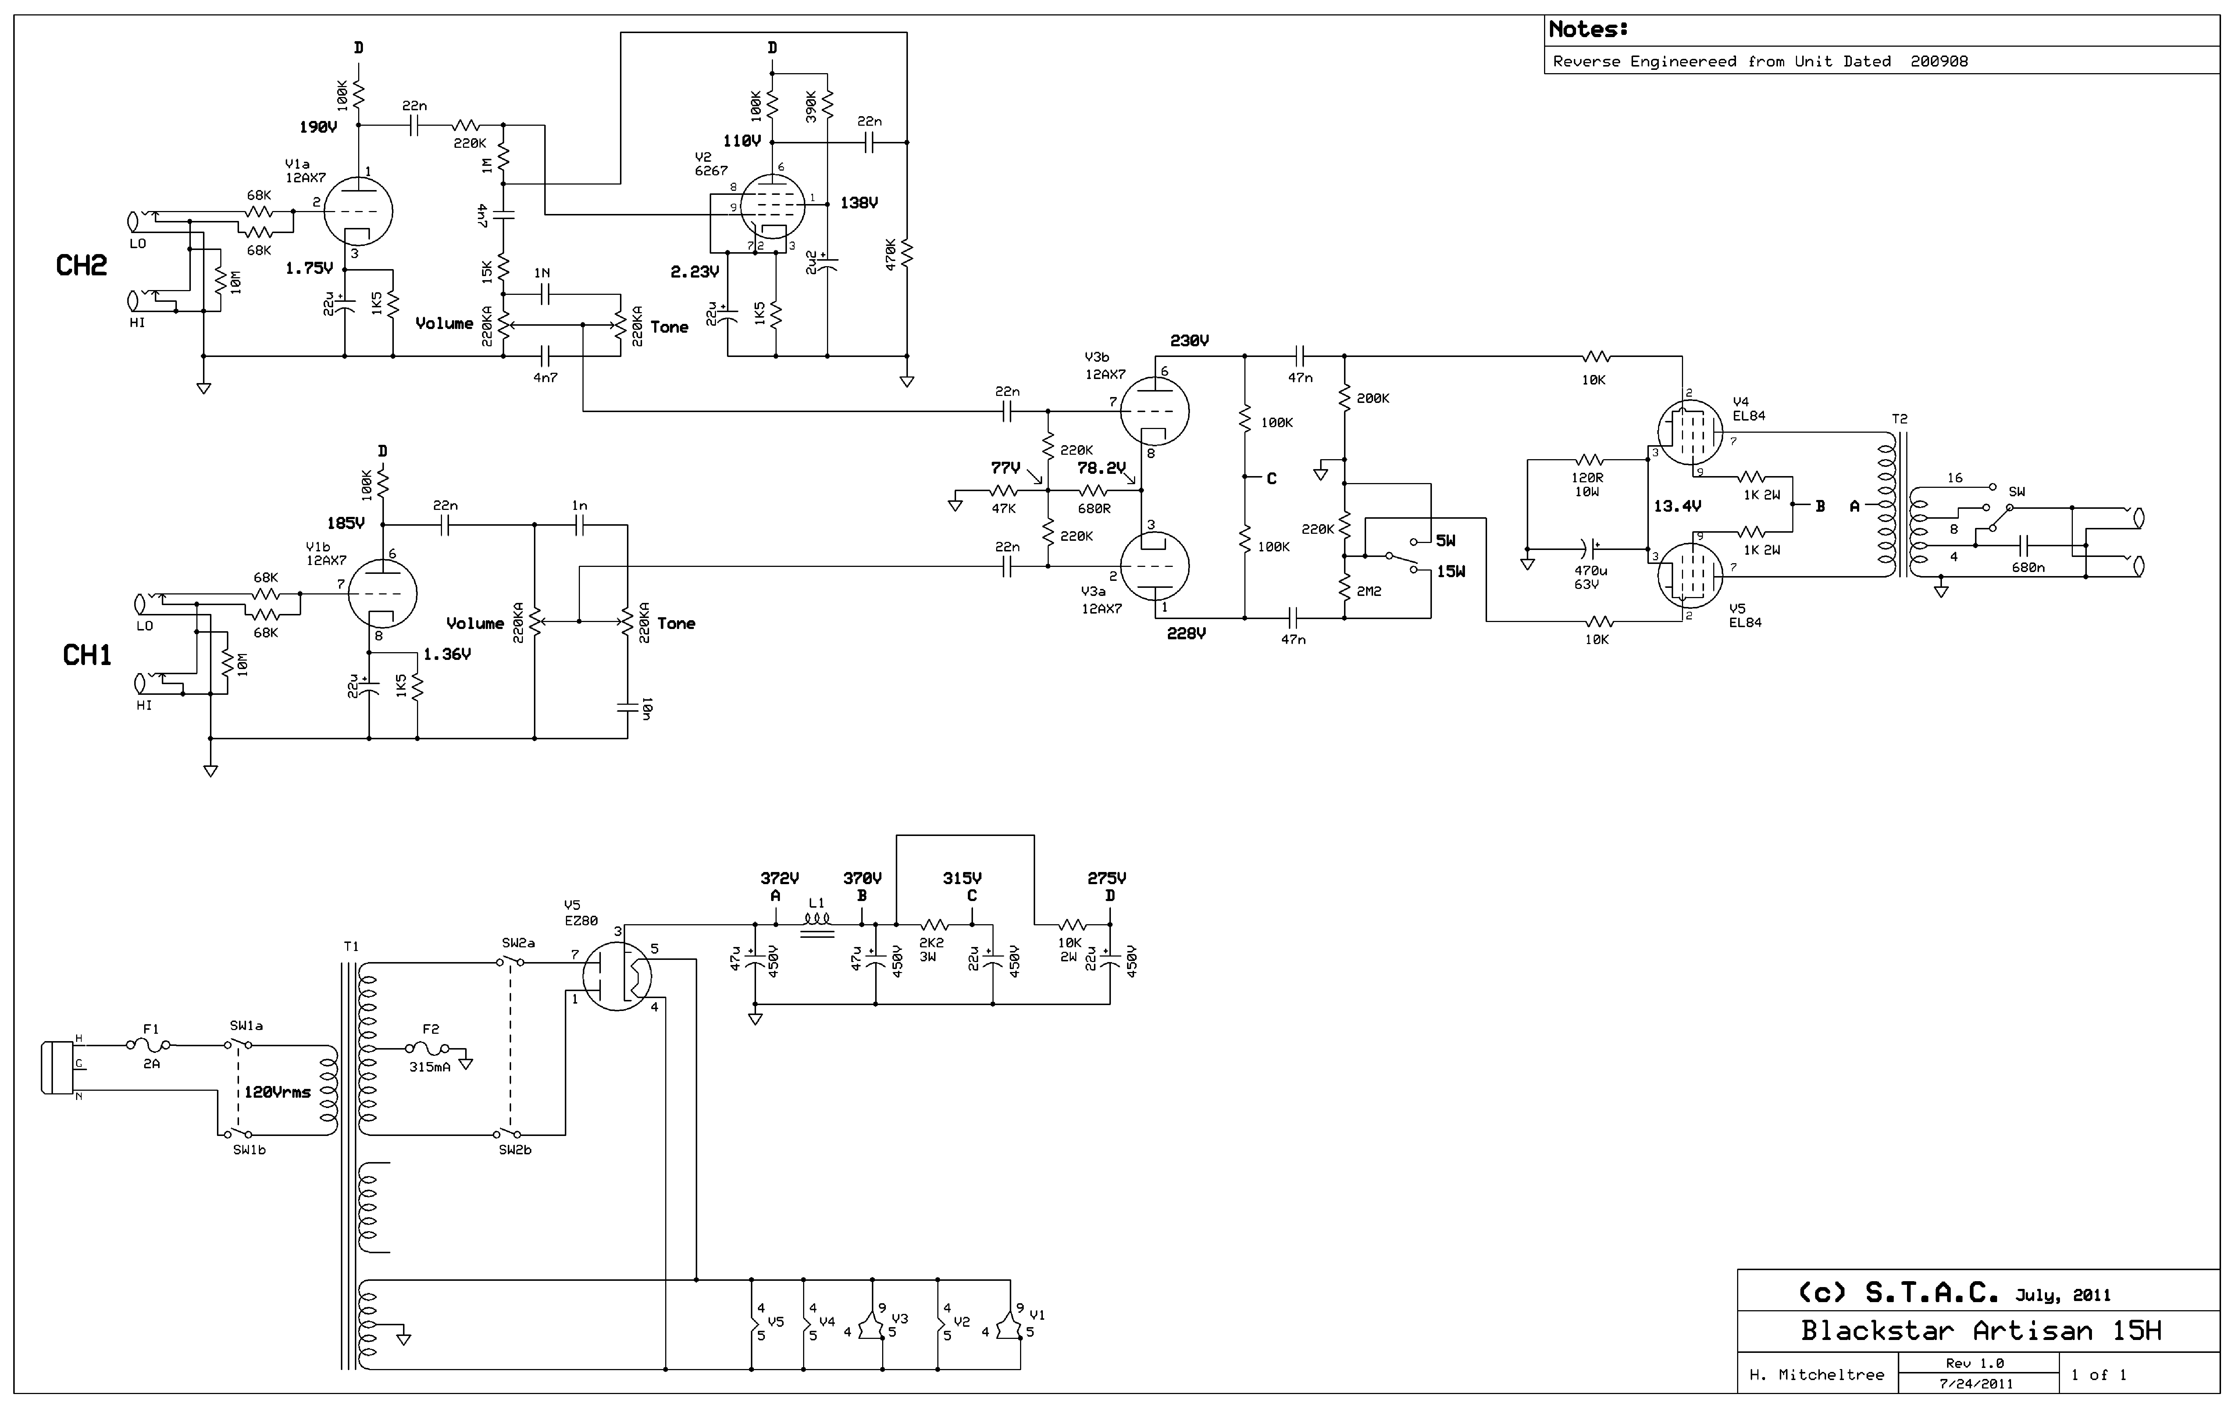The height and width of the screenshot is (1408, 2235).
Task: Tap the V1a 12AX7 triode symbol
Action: [358, 210]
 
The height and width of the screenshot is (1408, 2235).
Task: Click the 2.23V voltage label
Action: [695, 272]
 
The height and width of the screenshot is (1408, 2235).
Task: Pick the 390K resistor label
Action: [811, 107]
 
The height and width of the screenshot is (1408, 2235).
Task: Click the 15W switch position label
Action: [1452, 572]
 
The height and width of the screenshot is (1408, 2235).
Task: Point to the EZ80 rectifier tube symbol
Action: [617, 976]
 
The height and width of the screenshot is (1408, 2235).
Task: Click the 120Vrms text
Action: [278, 1093]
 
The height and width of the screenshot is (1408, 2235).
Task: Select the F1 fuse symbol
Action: [149, 1045]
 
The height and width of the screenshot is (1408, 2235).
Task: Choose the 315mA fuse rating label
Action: [430, 1067]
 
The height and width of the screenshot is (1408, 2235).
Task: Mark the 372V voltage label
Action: [780, 878]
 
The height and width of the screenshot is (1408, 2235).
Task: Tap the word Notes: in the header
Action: [1588, 30]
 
